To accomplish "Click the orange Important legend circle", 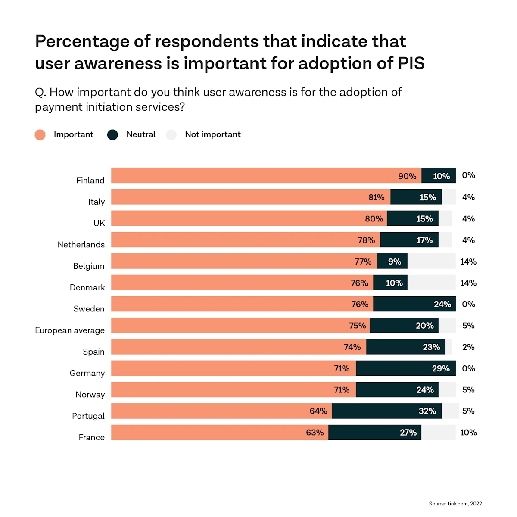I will (40, 135).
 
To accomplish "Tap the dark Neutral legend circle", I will (112, 135).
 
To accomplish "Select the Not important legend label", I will (213, 134).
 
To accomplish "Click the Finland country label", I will (90, 180).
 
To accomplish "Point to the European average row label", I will (70, 330).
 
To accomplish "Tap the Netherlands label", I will (81, 245).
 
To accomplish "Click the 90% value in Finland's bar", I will (407, 176).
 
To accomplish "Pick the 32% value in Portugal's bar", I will (427, 411).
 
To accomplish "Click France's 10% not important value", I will (468, 433).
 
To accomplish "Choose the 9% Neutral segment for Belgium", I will (392, 262).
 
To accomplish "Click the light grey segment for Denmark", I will (431, 283).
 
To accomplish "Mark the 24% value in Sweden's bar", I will (442, 305).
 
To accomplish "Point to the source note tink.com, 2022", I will (455, 504).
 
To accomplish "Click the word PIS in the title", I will (411, 63).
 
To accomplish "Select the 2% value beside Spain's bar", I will (468, 347).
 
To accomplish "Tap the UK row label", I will (99, 223).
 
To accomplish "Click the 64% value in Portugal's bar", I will (318, 411).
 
